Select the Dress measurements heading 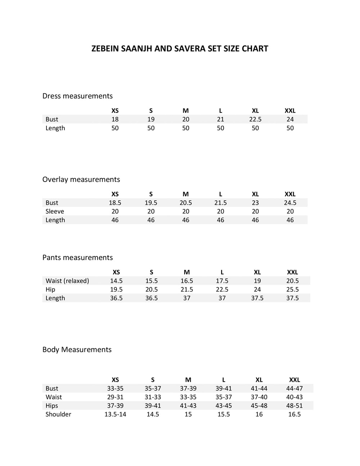pos(77,96)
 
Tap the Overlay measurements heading pos(81,179)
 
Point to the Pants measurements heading pos(77,257)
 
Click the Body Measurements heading pos(77,350)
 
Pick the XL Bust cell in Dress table pos(255,119)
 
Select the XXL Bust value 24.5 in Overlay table pos(290,203)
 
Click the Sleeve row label pos(55,211)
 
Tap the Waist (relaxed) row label pos(67,281)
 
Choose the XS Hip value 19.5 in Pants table pos(116,290)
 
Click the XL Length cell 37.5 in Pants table pos(257,298)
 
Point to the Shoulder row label pos(58,415)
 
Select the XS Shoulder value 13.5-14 pos(115,415)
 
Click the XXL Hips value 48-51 pos(294,406)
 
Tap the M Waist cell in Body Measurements pos(188,397)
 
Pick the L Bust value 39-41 pos(224,389)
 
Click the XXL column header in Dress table pos(290,111)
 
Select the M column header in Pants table pos(186,272)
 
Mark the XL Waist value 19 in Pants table pos(257,281)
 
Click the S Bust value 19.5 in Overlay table pos(151,203)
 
